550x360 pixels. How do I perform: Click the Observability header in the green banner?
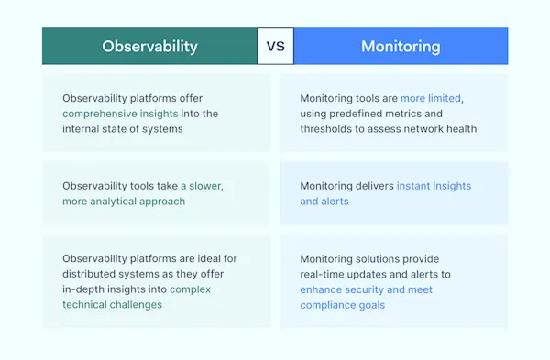pos(149,47)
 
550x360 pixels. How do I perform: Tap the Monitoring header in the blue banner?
pos(401,47)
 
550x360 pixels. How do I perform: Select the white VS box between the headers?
pos(275,46)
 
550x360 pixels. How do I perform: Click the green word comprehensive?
pos(103,114)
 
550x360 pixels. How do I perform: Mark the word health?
pos(461,129)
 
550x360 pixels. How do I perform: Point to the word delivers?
pos(371,186)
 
